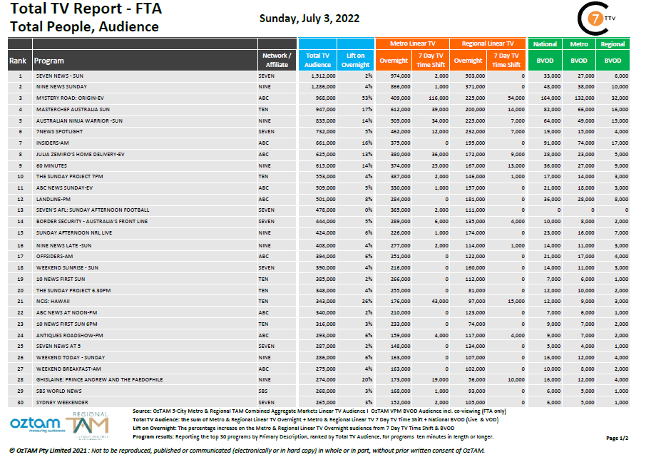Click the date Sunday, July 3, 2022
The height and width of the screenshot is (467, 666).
(x=309, y=19)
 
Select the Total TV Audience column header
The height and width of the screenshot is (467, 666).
(x=317, y=60)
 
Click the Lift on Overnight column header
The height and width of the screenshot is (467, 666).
(x=356, y=60)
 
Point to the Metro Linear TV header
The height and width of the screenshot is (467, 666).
(x=412, y=43)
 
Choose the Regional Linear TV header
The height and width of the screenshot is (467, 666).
(x=488, y=43)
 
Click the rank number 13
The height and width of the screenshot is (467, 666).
(x=21, y=210)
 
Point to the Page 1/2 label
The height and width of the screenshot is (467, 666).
(x=617, y=438)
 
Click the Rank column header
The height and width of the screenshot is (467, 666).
(x=18, y=61)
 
